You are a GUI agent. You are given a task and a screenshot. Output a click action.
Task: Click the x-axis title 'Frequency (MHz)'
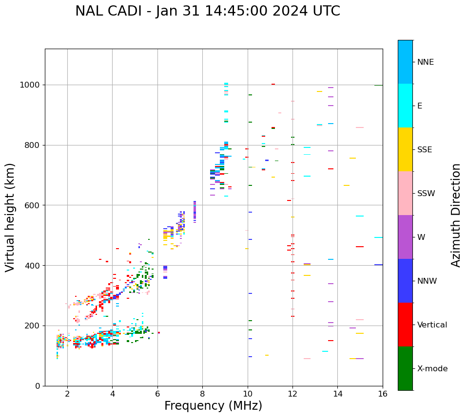pos(213,406)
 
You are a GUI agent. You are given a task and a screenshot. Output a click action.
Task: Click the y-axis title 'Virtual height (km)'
pos(10,217)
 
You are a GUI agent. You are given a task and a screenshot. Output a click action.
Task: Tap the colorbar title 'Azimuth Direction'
pos(456,215)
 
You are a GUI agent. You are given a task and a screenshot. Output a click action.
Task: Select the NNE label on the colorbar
pos(425,62)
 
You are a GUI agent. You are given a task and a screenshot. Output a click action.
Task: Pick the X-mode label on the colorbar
pos(432,369)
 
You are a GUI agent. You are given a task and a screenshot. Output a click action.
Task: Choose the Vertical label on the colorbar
pos(432,325)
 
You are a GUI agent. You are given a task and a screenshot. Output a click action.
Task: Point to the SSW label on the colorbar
pos(426,194)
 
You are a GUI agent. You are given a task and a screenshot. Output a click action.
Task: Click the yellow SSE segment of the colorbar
pos(405,149)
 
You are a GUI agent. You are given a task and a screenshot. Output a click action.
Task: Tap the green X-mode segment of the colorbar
pos(405,368)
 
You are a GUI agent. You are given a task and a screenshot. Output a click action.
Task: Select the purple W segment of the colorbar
pos(405,237)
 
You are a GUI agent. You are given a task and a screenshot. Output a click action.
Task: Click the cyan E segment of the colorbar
pos(405,105)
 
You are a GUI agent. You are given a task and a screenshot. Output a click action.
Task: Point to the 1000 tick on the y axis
pos(31,85)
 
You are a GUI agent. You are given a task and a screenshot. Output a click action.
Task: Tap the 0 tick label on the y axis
pos(38,386)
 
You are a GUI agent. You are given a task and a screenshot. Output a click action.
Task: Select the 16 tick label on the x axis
pos(383,394)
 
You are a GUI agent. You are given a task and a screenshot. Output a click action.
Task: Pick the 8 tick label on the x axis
pos(202,394)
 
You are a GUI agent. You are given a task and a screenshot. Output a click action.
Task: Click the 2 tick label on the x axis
pos(67,394)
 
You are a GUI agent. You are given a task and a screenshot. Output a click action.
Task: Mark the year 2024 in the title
pos(284,11)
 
